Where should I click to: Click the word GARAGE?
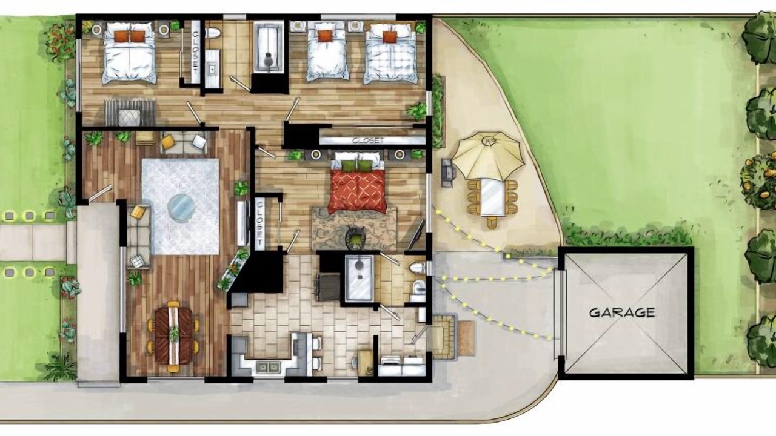pyautogui.click(x=622, y=313)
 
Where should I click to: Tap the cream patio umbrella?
pyautogui.click(x=488, y=156)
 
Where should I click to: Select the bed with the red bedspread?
pyautogui.click(x=358, y=183)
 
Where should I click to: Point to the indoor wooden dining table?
pyautogui.click(x=173, y=336)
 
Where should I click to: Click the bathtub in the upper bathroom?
pyautogui.click(x=269, y=47)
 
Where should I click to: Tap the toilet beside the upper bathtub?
pyautogui.click(x=213, y=33)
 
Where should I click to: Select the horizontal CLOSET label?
pyautogui.click(x=368, y=140)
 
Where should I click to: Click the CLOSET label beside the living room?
pyautogui.click(x=260, y=223)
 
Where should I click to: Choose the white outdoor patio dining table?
pyautogui.click(x=492, y=197)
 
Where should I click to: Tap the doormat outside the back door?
pyautogui.click(x=466, y=338)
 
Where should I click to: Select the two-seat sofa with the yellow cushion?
pyautogui.click(x=184, y=142)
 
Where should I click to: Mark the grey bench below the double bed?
pyautogui.click(x=130, y=113)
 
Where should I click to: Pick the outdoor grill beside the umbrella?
pyautogui.click(x=447, y=173)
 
